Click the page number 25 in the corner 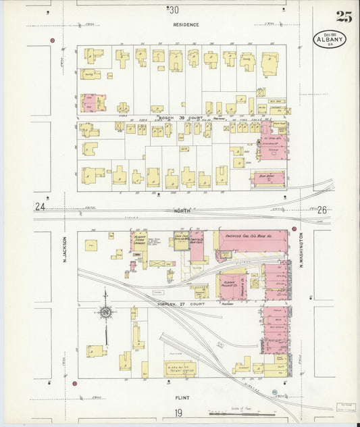coord(344,18)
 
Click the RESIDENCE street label coord(186,24)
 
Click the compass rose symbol coord(105,312)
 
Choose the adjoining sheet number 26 coord(322,210)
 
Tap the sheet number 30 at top coord(174,9)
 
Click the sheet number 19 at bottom coord(178,413)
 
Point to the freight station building coord(180,368)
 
